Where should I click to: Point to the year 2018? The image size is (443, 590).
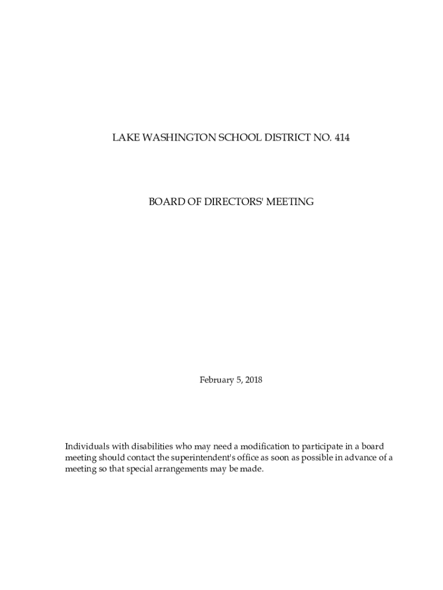point(254,380)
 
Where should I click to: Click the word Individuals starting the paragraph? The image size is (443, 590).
point(86,447)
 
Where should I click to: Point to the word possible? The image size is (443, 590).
point(297,458)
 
